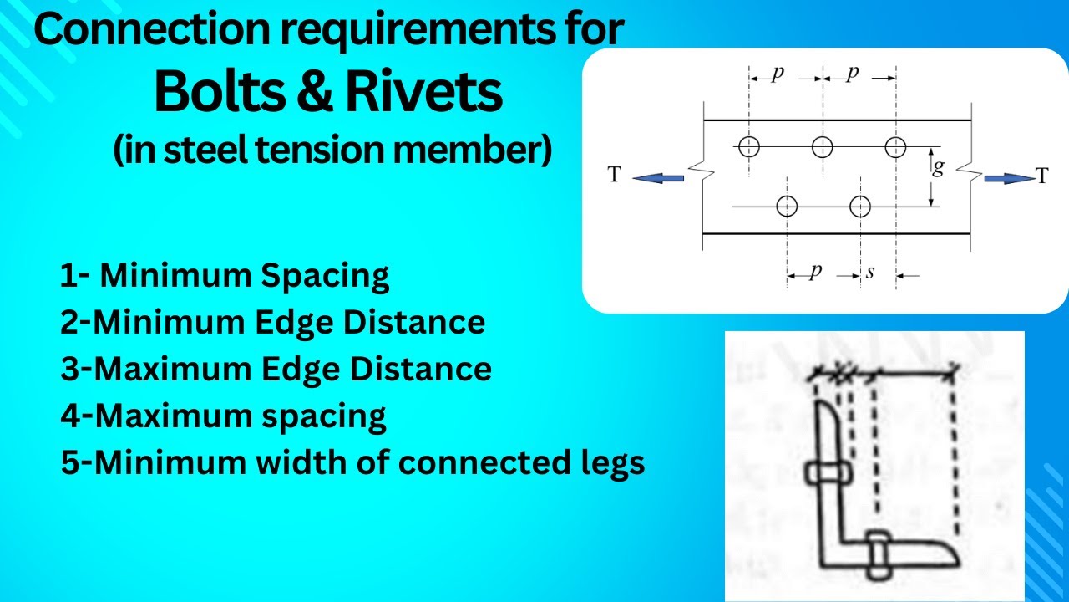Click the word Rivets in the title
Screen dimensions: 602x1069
pos(426,94)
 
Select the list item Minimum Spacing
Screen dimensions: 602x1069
pos(224,276)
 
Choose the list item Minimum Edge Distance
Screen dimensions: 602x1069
pos(272,323)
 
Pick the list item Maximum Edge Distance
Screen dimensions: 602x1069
pos(276,369)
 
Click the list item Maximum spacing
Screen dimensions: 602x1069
pos(223,416)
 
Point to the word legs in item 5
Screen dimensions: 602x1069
pos(606,462)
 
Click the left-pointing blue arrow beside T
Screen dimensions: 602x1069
pos(658,177)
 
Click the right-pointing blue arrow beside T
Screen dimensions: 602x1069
pos(1008,177)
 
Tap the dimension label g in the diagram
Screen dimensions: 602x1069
pos(938,168)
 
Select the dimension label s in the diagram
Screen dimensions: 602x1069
pos(869,272)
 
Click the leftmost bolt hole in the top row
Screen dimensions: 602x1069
pos(749,147)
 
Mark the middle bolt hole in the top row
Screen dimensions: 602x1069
pos(823,147)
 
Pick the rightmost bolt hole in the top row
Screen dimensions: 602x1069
pos(896,147)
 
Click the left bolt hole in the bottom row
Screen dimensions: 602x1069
pos(787,206)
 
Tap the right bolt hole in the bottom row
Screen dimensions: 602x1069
pos(860,206)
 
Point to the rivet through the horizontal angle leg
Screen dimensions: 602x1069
pos(879,553)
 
